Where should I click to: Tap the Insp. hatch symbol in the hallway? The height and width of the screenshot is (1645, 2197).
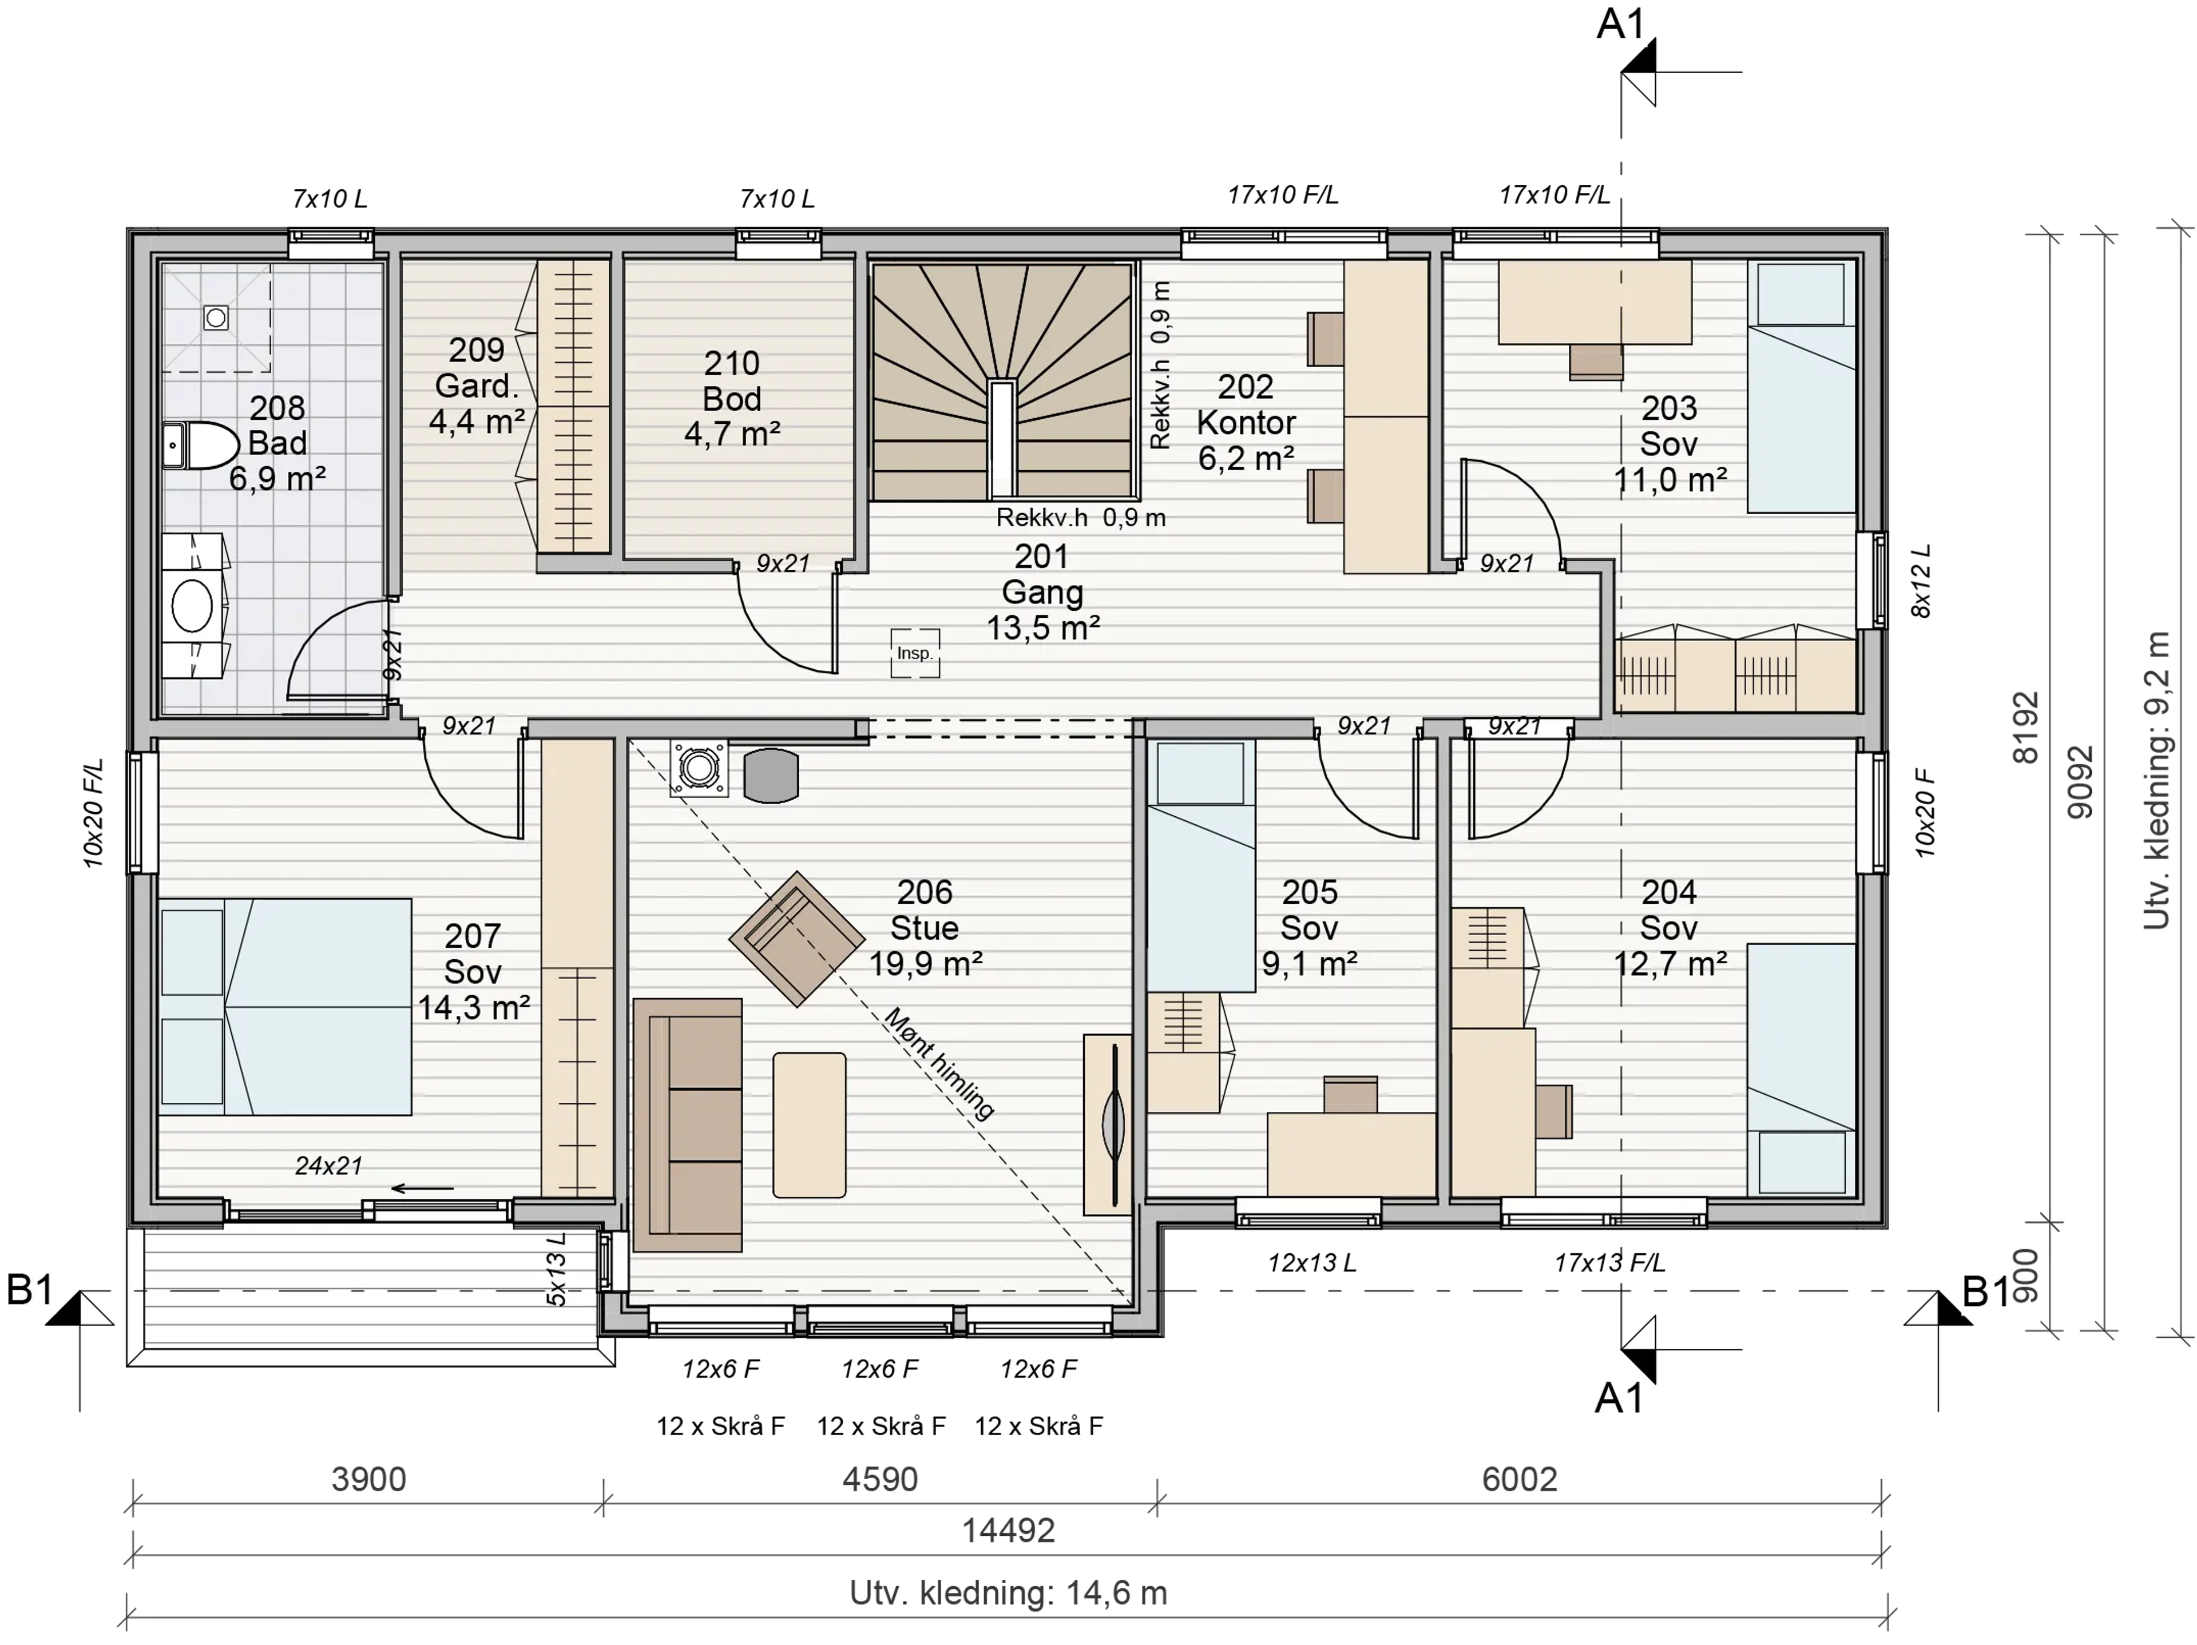(915, 653)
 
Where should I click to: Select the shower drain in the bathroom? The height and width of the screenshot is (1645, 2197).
(216, 317)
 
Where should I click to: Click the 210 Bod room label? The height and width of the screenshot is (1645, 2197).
(732, 398)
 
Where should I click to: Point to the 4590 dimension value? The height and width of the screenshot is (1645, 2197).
(880, 1479)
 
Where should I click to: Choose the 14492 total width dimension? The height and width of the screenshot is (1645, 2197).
(1008, 1530)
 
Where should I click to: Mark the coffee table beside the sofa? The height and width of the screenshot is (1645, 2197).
(810, 1125)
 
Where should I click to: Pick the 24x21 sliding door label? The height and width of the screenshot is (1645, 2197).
(329, 1166)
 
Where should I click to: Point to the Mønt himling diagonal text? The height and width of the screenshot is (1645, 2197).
(939, 1063)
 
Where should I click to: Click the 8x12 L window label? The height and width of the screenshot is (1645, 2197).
(1922, 581)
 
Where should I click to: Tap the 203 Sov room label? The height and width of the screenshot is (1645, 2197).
(1669, 444)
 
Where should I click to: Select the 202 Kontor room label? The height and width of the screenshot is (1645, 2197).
(1246, 422)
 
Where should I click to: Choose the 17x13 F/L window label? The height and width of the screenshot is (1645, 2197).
(1609, 1263)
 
